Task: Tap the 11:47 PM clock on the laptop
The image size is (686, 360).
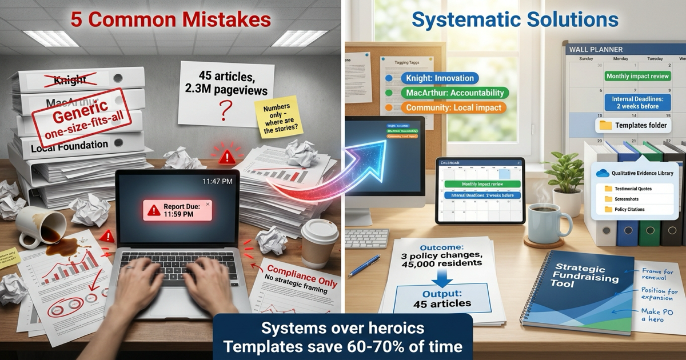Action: tap(217, 181)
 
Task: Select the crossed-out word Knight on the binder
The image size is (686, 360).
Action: tap(69, 81)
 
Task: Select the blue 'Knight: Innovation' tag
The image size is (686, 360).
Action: tap(432, 78)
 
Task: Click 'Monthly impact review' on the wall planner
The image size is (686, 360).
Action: tap(637, 76)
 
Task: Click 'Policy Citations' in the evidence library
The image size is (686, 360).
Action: tap(629, 210)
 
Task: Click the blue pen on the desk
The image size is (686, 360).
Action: tap(364, 266)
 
